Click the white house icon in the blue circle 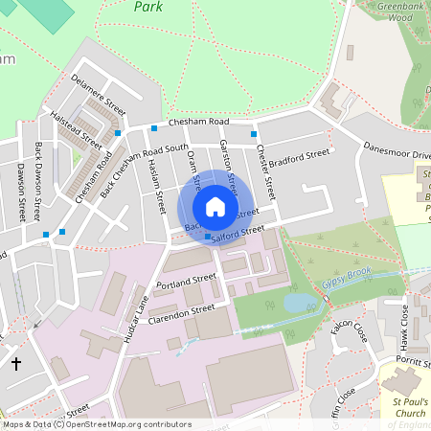pyautogui.click(x=215, y=207)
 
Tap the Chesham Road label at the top pyautogui.click(x=199, y=122)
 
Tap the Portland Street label pyautogui.click(x=188, y=282)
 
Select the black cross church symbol pyautogui.click(x=16, y=364)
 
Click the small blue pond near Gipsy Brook pyautogui.click(x=298, y=304)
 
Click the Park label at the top pyautogui.click(x=147, y=7)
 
